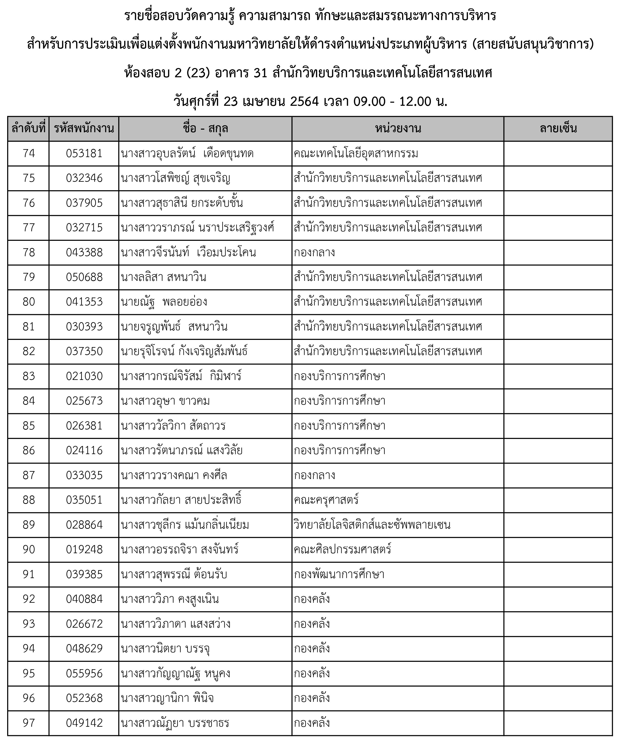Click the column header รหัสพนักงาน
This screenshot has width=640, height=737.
(x=84, y=129)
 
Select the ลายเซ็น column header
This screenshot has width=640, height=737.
(x=558, y=129)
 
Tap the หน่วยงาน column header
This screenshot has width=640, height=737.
(x=398, y=129)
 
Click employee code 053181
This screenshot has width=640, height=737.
(x=84, y=154)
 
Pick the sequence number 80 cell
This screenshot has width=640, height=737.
(x=28, y=302)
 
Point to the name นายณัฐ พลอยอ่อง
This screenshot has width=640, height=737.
(x=164, y=302)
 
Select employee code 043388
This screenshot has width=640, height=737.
(x=84, y=253)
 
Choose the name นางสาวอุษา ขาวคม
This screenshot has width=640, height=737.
(x=165, y=401)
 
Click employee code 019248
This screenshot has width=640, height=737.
(x=84, y=549)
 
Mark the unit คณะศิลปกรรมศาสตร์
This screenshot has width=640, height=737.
(x=342, y=549)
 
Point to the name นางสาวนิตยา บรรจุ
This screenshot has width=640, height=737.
(x=165, y=648)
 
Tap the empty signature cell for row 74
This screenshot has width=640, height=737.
(x=558, y=154)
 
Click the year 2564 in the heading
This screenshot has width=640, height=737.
(x=304, y=102)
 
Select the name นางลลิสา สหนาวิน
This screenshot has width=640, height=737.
(x=163, y=277)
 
